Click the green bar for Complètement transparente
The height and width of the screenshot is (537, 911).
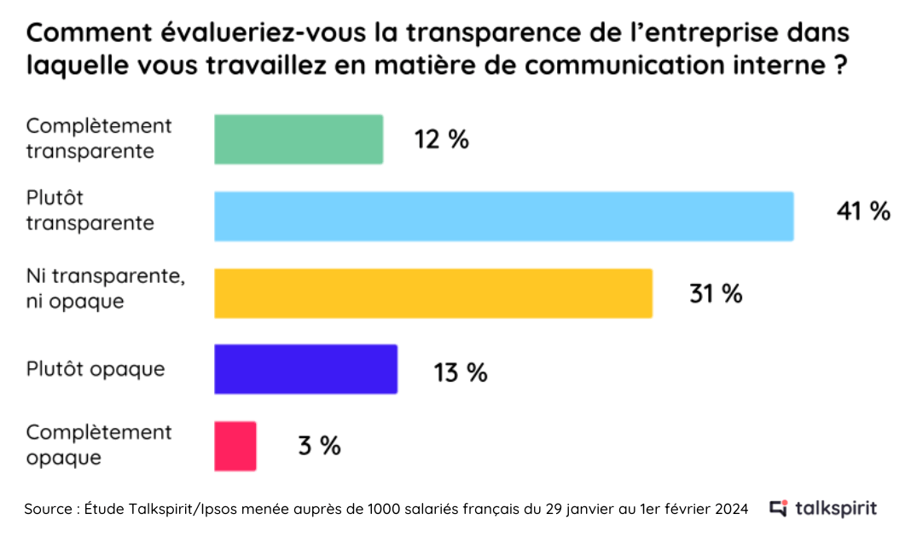tap(298, 139)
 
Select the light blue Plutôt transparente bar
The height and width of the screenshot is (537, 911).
tap(503, 216)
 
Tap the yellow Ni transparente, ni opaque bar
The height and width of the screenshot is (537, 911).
tap(432, 293)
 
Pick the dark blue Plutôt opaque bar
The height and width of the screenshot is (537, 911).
tap(305, 369)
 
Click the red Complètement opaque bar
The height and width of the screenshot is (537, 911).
tap(235, 445)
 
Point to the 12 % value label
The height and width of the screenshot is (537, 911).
tap(441, 140)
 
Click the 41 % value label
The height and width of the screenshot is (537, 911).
tap(863, 211)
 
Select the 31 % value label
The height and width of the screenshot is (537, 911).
tap(716, 294)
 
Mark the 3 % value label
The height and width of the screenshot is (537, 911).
tap(319, 445)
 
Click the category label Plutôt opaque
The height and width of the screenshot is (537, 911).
tap(96, 369)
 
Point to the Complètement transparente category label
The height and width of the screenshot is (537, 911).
tap(99, 138)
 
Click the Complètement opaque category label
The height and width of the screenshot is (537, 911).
tap(99, 444)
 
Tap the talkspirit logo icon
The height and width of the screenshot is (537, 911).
tap(778, 509)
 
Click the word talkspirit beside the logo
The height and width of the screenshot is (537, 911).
tap(835, 509)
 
